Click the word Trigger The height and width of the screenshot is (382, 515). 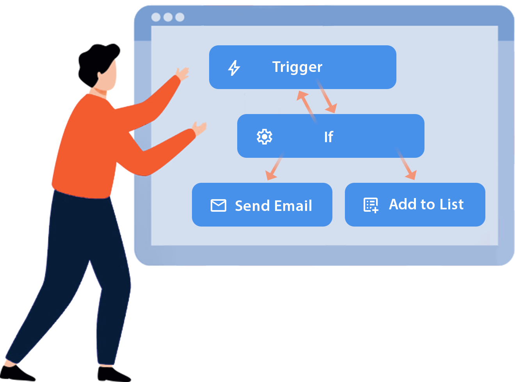[297, 67]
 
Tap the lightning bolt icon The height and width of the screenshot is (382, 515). [234, 68]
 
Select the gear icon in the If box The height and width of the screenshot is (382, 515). [264, 137]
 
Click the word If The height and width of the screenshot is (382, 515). [329, 137]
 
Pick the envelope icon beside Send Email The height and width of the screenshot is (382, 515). [218, 205]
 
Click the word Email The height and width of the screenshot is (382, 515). [293, 206]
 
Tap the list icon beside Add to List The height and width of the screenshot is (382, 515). [371, 205]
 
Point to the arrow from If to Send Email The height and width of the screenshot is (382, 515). [275, 166]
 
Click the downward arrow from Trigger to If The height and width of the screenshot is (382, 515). [327, 96]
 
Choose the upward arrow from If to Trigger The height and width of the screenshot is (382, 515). [307, 107]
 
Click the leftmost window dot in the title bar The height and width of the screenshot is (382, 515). [156, 17]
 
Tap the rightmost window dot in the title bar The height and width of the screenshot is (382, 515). [180, 17]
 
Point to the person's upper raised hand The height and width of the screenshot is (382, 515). [183, 73]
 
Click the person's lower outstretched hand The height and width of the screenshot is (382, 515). [199, 128]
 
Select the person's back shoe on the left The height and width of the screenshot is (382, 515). [16, 373]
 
